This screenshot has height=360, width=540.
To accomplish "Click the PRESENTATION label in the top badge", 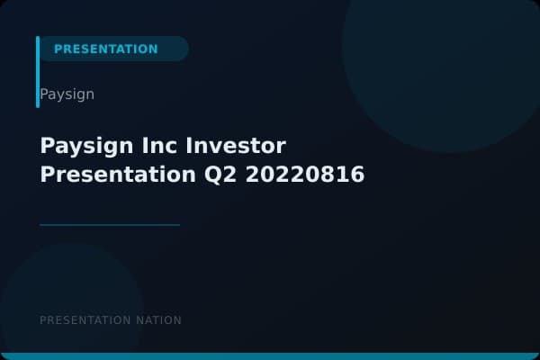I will click(105, 49).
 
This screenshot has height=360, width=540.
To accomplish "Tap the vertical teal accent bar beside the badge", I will click(38, 72).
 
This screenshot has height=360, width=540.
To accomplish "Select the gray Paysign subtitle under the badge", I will click(67, 94).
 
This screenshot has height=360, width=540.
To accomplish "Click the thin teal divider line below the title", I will click(110, 224).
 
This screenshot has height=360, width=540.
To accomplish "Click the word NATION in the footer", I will click(157, 320).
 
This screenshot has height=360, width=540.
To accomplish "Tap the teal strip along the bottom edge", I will click(270, 356).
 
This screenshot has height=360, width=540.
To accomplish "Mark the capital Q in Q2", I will click(202, 175).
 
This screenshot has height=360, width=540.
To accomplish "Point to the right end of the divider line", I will click(178, 224).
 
